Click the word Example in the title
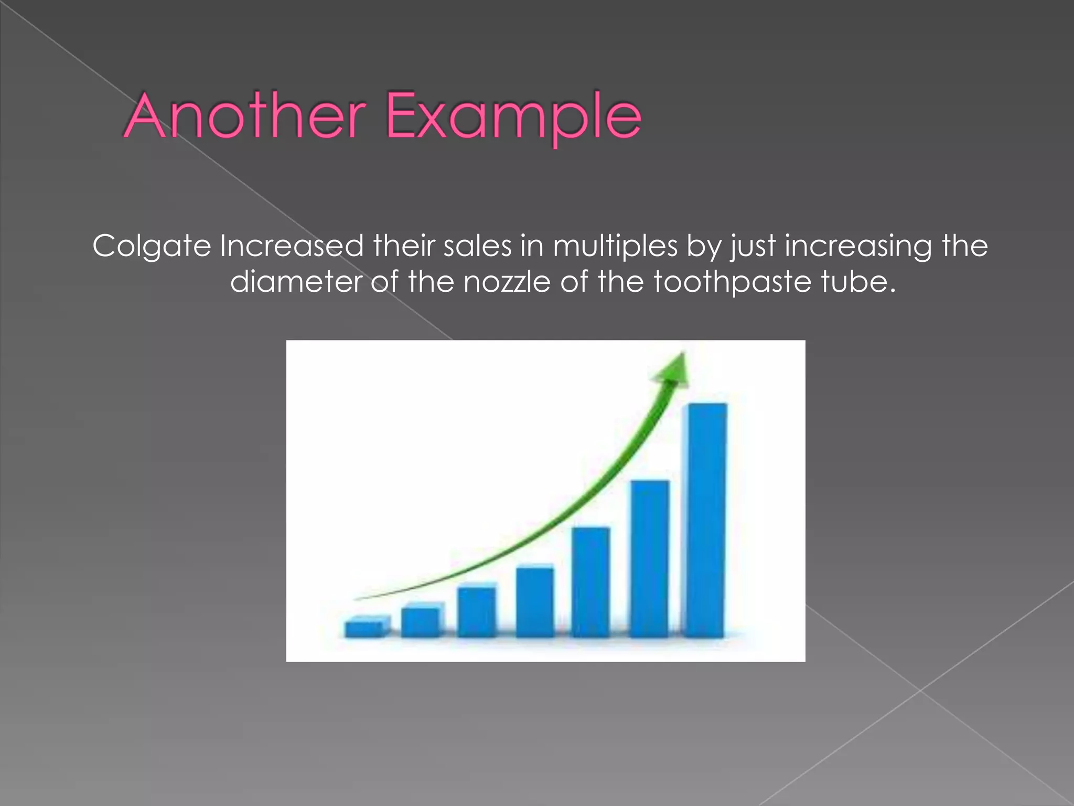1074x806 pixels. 514,116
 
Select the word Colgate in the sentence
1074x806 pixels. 152,246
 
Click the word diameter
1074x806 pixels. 296,282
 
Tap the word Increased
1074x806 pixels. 292,245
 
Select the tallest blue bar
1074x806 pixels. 706,519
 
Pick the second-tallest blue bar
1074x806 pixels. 649,558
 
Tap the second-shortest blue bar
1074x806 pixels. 421,621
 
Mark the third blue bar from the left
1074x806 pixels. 476,611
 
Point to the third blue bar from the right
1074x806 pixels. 590,582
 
